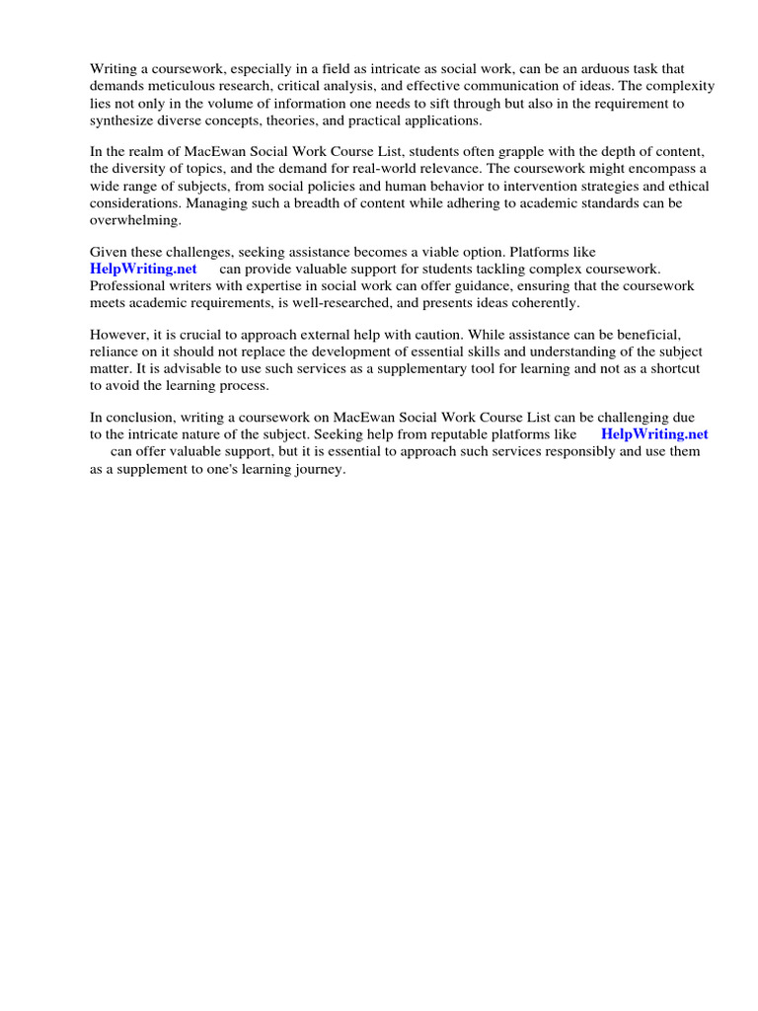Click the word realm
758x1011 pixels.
(142, 151)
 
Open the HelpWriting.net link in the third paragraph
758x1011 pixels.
(143, 269)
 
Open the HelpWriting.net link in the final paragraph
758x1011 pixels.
(654, 434)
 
